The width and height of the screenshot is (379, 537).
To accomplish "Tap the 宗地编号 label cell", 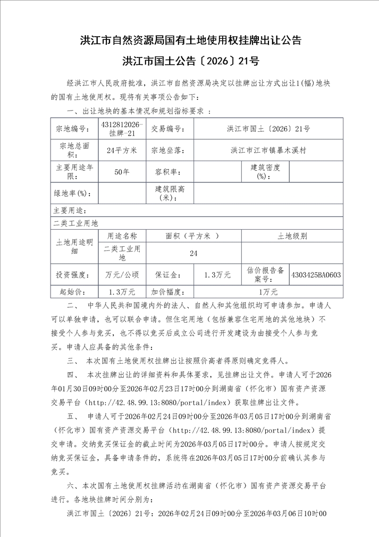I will tap(74, 129).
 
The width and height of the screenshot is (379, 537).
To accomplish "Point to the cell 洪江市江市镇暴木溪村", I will tap(268, 150).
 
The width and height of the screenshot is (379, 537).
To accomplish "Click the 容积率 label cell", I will tap(169, 172).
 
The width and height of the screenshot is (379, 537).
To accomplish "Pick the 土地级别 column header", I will tap(292, 236).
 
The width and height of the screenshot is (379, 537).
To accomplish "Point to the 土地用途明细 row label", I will tap(74, 246).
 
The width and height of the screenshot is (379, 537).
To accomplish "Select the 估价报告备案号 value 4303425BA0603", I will tap(316, 275).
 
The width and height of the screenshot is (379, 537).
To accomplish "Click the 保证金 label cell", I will tap(169, 275).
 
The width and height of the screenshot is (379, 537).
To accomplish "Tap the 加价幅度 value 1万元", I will tap(268, 292).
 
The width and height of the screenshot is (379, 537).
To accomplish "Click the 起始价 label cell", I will tap(74, 292).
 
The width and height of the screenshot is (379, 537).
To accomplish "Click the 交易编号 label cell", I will tap(169, 129).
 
